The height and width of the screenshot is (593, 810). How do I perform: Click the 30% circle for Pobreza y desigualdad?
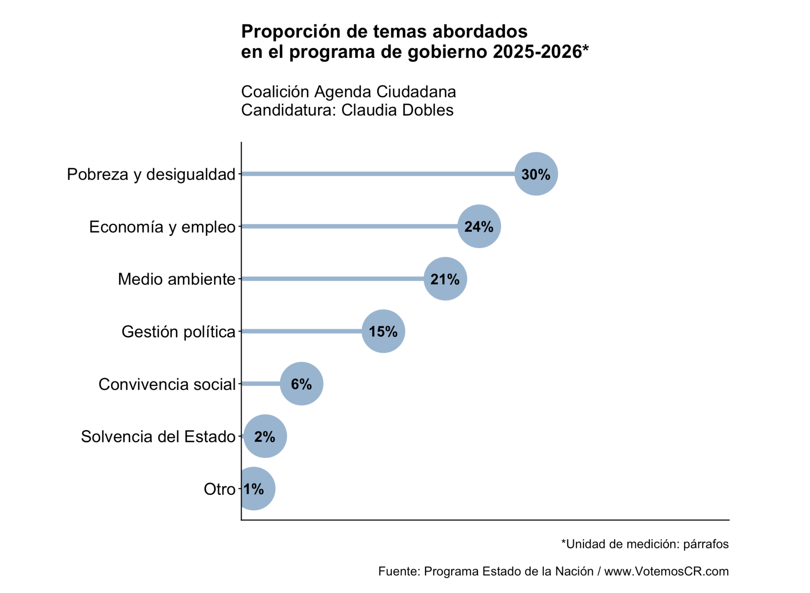click(536, 174)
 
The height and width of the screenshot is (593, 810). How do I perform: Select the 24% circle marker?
click(479, 226)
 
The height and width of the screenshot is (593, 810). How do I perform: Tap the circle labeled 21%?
click(445, 279)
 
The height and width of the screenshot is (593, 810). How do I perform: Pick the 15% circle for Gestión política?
click(383, 331)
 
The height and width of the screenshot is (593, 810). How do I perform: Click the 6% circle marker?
click(301, 384)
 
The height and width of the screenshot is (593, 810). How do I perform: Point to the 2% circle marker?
click(265, 436)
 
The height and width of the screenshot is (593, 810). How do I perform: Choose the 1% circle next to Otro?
click(253, 489)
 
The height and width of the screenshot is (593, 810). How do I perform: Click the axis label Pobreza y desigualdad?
click(151, 174)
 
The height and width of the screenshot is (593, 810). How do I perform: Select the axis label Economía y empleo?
click(162, 227)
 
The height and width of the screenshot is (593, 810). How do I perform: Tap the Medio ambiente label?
click(176, 279)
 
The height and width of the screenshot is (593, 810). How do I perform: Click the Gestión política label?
click(178, 332)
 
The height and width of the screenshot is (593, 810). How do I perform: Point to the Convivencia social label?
click(167, 384)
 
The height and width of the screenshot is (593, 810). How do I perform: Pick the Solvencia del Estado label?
click(158, 437)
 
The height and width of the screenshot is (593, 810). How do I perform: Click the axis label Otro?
click(219, 489)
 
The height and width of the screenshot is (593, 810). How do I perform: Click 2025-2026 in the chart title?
click(537, 52)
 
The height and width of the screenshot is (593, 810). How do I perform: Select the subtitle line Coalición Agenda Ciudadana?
click(348, 92)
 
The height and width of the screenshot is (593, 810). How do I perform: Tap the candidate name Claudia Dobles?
click(397, 110)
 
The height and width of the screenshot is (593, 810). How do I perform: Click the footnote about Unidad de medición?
click(645, 544)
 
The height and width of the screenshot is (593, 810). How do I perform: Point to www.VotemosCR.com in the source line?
click(666, 571)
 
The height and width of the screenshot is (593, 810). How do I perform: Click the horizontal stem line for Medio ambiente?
click(332, 279)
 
